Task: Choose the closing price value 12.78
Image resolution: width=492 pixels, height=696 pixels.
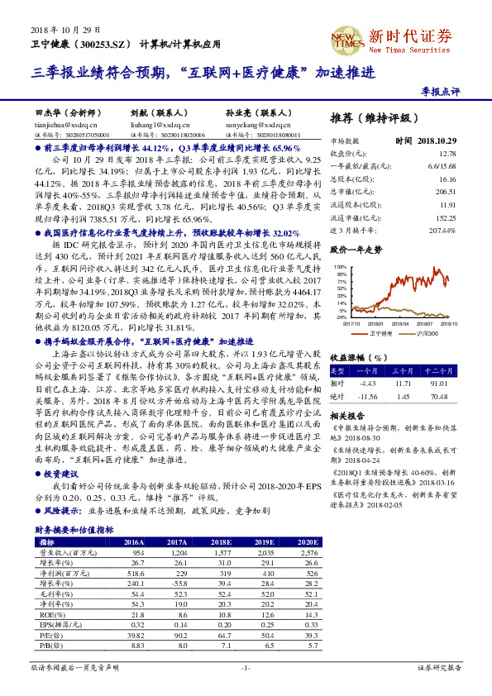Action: [447, 154]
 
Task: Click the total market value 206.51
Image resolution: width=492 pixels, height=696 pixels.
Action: [447, 190]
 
